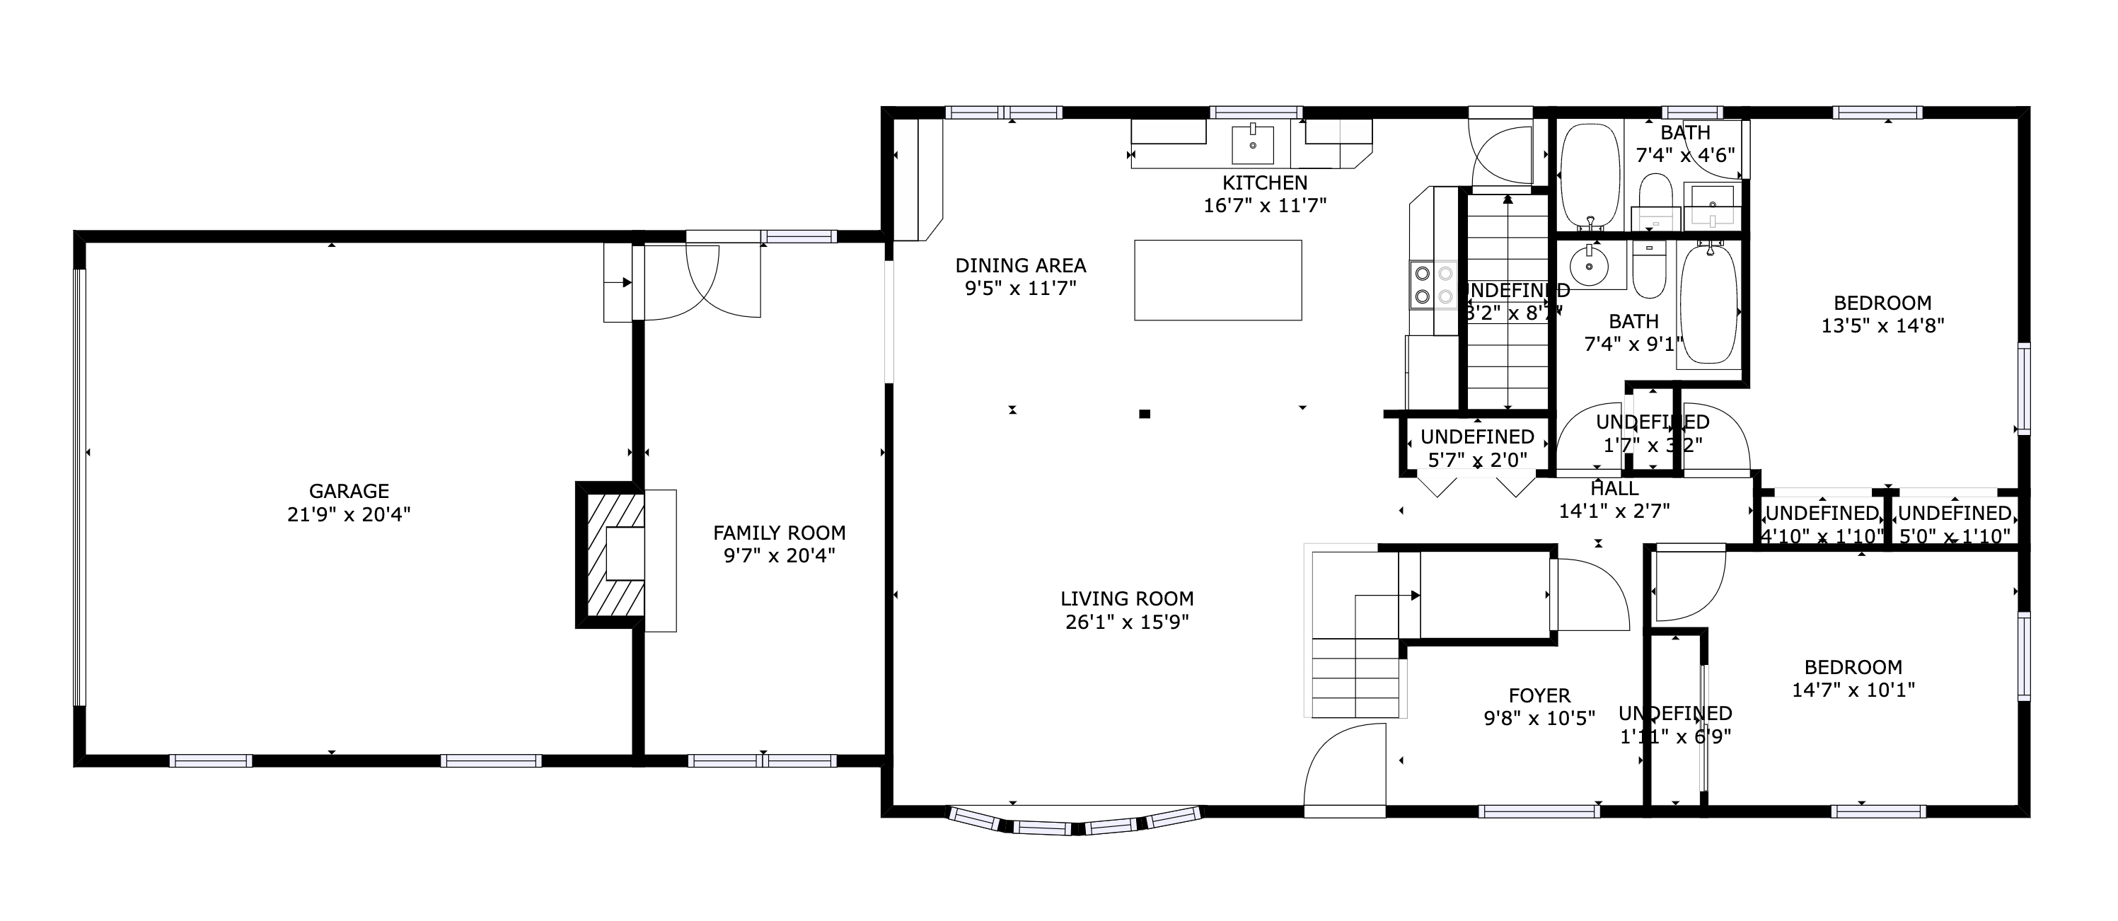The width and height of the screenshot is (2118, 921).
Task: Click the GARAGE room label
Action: click(349, 491)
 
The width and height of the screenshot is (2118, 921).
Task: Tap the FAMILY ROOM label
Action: click(779, 533)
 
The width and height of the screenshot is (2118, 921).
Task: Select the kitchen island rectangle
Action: click(1217, 279)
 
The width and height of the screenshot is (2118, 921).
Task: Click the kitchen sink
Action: click(1253, 146)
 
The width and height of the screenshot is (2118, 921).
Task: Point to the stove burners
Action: click(1433, 284)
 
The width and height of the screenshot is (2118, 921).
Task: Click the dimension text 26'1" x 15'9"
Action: click(1126, 622)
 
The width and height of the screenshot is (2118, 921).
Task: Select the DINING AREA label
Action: click(1020, 265)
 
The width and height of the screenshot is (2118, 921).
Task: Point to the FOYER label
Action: click(1539, 695)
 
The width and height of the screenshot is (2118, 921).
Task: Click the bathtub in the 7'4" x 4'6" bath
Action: click(1590, 176)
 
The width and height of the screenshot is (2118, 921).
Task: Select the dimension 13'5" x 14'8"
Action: click(1882, 325)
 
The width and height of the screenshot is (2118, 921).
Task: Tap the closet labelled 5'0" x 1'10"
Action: click(1954, 524)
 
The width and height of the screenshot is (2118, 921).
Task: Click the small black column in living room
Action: click(1144, 414)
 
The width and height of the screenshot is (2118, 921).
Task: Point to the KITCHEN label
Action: click(1265, 183)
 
